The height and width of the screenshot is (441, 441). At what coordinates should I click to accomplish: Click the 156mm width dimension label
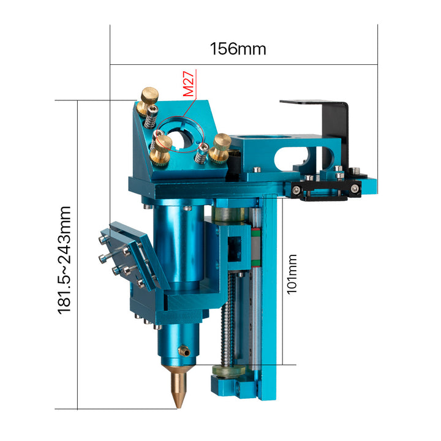(238, 49)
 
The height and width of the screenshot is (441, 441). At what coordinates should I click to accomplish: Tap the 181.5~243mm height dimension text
(64, 260)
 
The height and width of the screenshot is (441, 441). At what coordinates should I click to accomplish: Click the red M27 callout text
(189, 84)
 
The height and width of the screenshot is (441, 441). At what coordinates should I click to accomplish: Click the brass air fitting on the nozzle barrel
(184, 352)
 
